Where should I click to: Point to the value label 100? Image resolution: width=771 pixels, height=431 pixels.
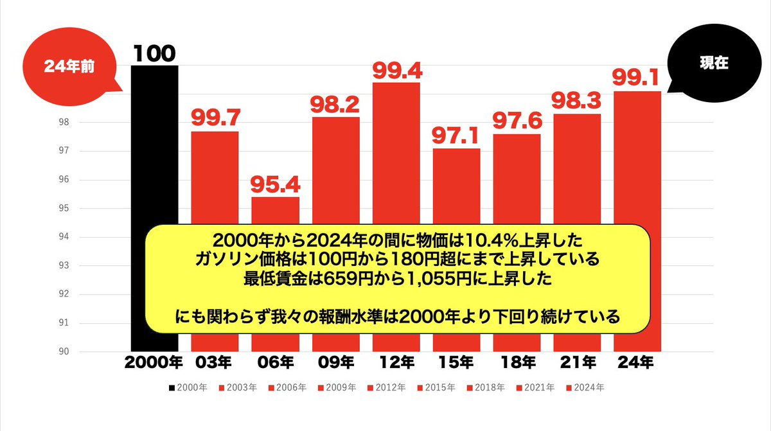click(154, 54)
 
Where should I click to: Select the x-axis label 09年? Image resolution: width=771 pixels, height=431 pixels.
click(336, 363)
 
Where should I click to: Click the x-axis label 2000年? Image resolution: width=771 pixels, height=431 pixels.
click(154, 363)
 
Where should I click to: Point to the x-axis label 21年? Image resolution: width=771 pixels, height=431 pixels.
click(577, 363)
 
